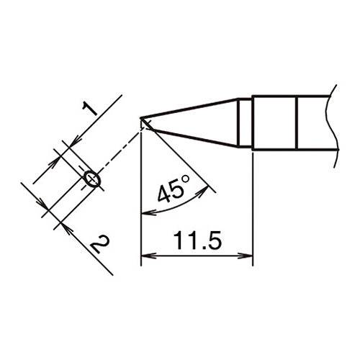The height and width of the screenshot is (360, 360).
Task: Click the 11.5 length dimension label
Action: click(x=197, y=240)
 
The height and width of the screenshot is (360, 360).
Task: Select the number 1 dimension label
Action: click(x=90, y=109)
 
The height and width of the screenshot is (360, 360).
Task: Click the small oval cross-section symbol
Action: click(x=91, y=178)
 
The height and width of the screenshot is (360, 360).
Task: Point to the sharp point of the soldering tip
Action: click(x=143, y=122)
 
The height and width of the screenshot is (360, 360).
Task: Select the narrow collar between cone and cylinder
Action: click(x=246, y=123)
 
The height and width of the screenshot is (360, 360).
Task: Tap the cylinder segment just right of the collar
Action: click(x=274, y=123)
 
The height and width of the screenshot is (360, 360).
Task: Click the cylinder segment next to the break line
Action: click(x=315, y=123)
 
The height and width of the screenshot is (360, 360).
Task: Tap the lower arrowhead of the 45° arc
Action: click(x=146, y=212)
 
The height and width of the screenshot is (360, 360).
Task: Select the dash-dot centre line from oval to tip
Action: click(x=119, y=150)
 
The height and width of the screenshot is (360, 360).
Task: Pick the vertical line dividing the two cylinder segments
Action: click(x=297, y=123)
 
